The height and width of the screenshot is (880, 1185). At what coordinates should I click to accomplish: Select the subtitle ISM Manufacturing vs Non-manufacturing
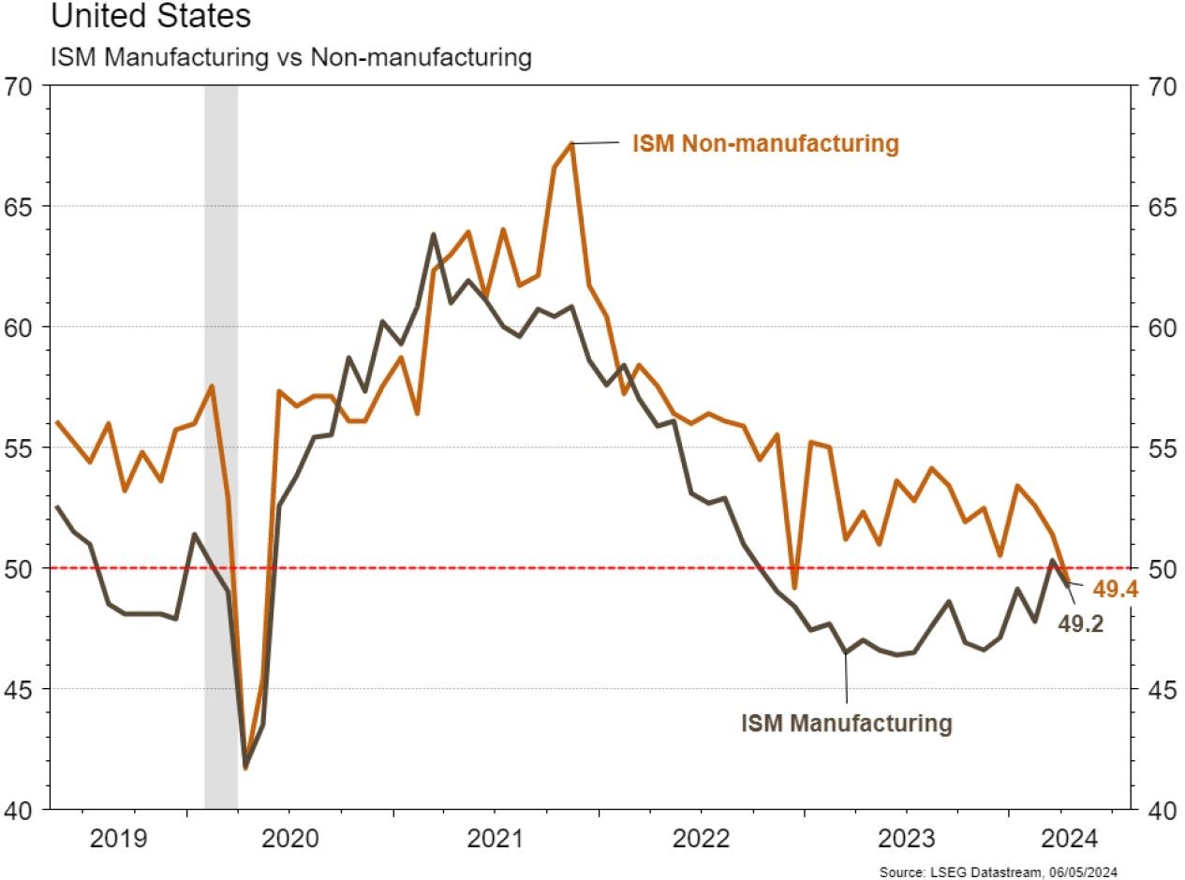coord(290,56)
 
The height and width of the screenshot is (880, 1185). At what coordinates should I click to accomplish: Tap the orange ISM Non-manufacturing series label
coord(765,143)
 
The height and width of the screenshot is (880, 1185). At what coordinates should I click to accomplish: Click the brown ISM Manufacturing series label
coord(847,723)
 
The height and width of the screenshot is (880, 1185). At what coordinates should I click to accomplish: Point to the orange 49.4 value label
coord(1114,590)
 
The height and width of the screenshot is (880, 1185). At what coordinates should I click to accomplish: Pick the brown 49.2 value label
coord(1080,623)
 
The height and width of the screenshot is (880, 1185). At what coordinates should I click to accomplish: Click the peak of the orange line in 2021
coord(571,143)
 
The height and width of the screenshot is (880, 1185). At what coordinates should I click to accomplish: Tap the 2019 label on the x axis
coord(118,836)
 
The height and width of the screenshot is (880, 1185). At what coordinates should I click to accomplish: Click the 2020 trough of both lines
coord(246,766)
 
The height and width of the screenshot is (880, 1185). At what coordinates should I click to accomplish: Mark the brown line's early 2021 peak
coord(433,234)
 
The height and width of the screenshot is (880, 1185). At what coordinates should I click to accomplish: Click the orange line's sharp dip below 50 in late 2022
coord(794,588)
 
